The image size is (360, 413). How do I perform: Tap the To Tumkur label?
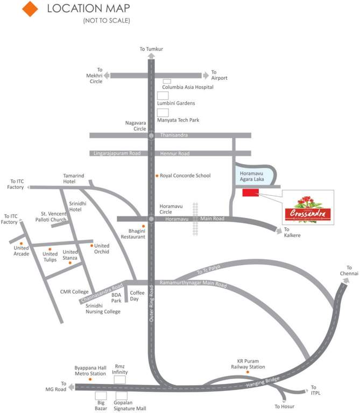tap(151, 49)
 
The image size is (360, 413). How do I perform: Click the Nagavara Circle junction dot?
tap(151, 136)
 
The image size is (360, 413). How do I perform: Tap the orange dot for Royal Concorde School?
tap(157, 176)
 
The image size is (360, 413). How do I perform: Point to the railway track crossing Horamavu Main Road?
tap(196, 219)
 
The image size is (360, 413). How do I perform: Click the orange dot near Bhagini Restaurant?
tap(143, 226)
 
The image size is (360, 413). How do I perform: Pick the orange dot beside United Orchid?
tap(91, 246)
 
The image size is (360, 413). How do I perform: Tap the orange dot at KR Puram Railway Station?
tap(248, 372)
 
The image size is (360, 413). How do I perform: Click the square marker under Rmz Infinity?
tap(119, 380)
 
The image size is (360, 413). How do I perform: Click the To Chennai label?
tap(349, 270)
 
